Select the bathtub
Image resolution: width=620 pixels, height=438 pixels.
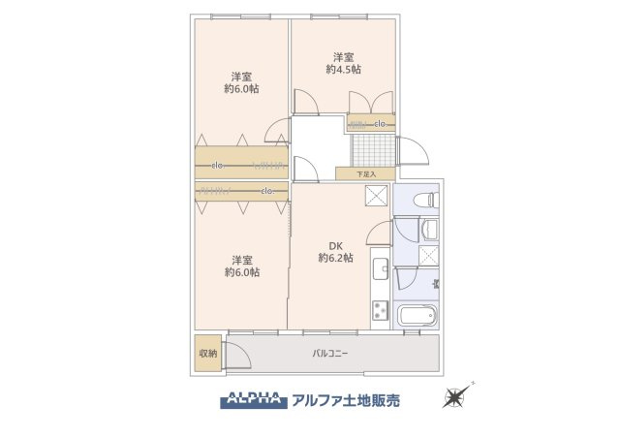418,316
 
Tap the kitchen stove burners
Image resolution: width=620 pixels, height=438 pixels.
378,313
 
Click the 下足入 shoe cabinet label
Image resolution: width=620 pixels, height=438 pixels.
364,174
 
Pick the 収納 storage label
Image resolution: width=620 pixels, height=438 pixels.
208,353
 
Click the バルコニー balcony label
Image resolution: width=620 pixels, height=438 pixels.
330,353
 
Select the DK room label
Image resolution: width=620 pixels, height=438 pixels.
335,244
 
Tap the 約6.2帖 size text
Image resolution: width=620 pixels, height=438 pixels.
335,258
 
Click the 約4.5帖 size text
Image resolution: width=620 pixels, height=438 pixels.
343,69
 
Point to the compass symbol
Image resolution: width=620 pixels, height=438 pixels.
456,396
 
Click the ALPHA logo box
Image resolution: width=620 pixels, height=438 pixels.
254,397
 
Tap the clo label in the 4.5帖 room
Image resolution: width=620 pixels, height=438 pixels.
380,124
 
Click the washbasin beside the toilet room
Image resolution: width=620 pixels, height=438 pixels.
429,230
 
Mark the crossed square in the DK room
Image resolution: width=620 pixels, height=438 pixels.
375,196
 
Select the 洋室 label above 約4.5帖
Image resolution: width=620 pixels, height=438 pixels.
343,55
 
